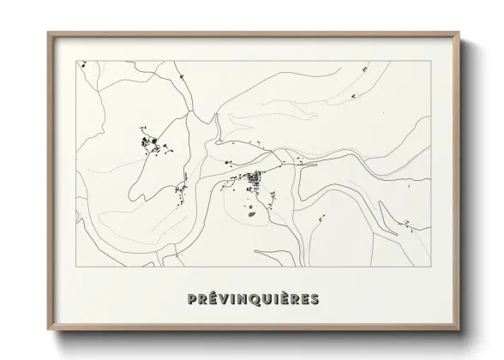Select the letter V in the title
point(223,299)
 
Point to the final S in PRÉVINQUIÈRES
point(315,299)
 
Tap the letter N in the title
point(243,299)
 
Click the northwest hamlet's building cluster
point(153,143)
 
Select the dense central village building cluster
point(254,180)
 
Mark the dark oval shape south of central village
point(252,214)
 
